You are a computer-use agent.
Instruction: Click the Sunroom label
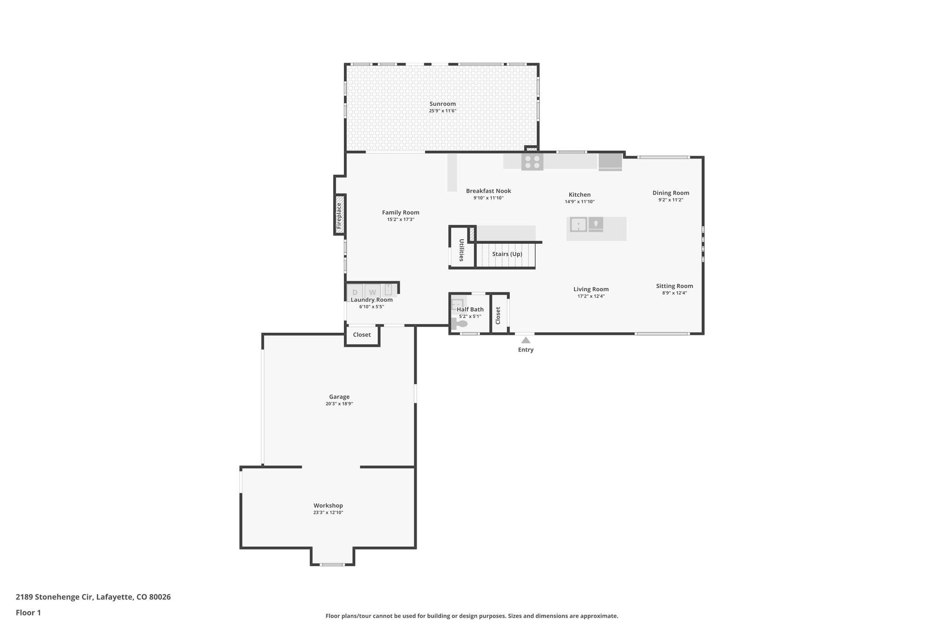point(442,104)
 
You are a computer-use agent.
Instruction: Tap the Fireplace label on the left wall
point(339,216)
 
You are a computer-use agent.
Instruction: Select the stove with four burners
point(532,162)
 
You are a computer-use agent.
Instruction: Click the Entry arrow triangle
point(525,340)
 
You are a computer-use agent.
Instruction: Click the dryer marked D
point(355,292)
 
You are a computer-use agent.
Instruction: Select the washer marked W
point(372,292)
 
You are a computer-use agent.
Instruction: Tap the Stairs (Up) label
point(507,254)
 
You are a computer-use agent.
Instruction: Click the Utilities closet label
point(461,250)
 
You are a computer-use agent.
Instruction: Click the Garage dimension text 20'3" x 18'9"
point(339,404)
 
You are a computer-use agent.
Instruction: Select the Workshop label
point(328,506)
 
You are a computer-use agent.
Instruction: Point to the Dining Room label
point(671,193)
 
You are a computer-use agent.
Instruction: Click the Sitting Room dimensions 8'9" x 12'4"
point(674,293)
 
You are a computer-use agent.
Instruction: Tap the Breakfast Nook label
point(488,191)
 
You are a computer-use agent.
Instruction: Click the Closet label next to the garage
point(362,335)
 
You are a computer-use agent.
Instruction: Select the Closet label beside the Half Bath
point(498,316)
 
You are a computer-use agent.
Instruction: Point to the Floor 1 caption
point(28,612)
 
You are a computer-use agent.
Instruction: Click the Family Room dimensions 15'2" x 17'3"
point(401,220)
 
